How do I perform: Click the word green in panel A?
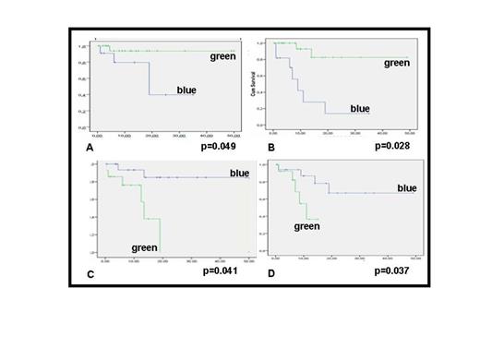tap(217, 56)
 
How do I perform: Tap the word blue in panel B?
tap(360, 109)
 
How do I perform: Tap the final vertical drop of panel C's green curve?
tap(161, 236)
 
